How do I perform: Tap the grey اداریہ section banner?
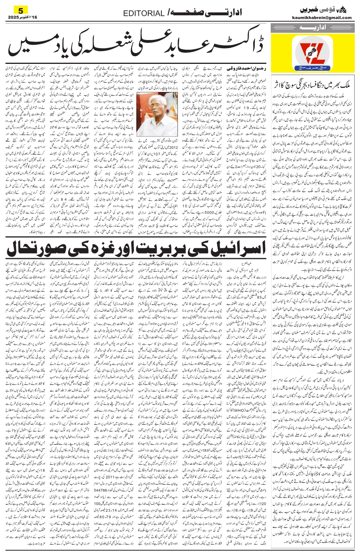[312, 28]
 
